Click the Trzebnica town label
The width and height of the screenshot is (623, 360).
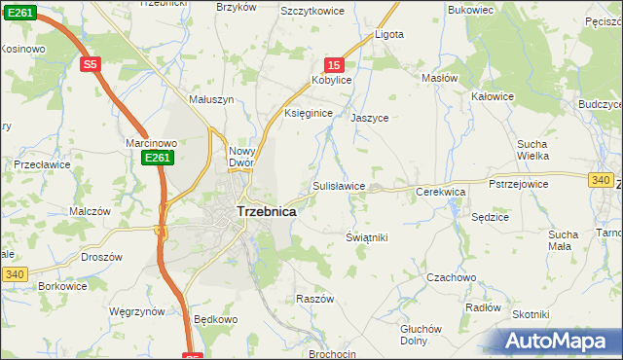(x=266, y=210)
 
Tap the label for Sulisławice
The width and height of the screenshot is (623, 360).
(x=339, y=185)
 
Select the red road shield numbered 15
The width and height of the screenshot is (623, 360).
(x=332, y=63)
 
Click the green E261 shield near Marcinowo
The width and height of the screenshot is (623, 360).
(x=157, y=158)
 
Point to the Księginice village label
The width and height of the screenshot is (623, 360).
(x=309, y=114)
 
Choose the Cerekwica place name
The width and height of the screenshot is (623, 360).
(x=441, y=192)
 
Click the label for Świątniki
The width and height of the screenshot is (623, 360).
(x=367, y=236)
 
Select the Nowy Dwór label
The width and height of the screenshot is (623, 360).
(x=240, y=157)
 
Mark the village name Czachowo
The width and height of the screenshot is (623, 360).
(x=451, y=277)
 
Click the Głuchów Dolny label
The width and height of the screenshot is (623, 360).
(x=421, y=334)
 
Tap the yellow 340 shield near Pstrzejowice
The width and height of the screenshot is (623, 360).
(x=602, y=180)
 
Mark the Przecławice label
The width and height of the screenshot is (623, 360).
(x=40, y=165)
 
